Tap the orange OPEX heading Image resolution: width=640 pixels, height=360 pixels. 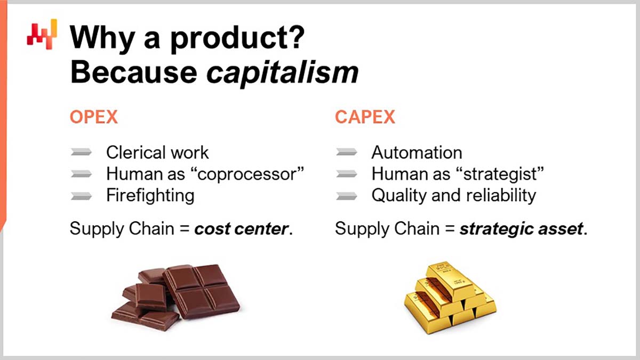tap(93, 117)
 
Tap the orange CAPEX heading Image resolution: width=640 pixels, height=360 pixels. tap(365, 117)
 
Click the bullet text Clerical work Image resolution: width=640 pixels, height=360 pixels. tap(157, 153)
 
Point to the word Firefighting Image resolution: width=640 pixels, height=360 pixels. tap(150, 195)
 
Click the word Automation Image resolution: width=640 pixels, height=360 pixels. tap(417, 153)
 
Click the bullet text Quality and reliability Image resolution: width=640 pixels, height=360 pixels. tap(453, 195)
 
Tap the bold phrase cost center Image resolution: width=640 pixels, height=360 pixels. tap(241, 229)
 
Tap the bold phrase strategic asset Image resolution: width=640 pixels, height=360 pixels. tap(520, 229)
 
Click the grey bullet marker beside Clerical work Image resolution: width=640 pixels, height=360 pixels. tap(82, 153)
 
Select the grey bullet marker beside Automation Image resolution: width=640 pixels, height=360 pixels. tap(347, 153)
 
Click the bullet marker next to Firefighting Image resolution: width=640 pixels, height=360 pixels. tap(82, 196)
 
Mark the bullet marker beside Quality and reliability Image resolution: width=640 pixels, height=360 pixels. tap(347, 196)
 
